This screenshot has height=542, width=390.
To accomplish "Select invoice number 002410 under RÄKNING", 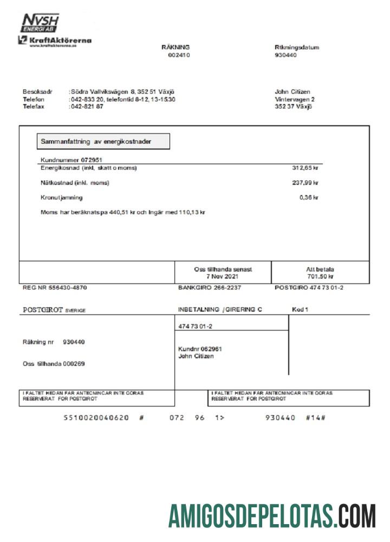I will (179, 55).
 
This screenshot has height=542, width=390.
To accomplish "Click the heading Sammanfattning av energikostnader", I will (103, 141).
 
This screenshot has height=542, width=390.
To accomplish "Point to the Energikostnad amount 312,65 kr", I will (305, 168).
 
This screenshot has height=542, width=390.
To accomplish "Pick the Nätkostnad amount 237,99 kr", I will (305, 183).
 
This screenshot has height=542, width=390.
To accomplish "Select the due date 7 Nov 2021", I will (223, 276).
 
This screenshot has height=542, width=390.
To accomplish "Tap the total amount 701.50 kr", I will (320, 276).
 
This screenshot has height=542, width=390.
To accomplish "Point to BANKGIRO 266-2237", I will (210, 288).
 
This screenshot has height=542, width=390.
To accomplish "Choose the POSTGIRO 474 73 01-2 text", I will (309, 288).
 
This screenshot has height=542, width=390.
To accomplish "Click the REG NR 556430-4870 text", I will (54, 288).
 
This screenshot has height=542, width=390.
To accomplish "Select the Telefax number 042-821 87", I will (87, 107).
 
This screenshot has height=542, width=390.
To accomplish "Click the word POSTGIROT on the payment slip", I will (43, 310).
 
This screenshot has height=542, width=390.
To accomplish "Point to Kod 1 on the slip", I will (300, 309).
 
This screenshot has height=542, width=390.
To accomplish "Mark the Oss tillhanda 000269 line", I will (54, 364).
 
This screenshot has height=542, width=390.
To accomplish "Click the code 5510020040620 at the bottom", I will (96, 418).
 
